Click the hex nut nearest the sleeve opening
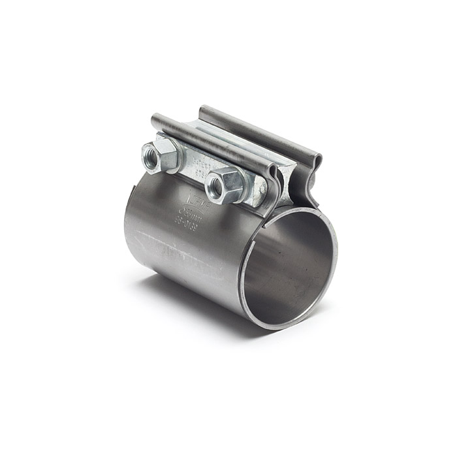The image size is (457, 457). [x=225, y=185]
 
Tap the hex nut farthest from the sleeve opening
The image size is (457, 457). [x=160, y=155]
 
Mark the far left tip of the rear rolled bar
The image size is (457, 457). [x=202, y=109]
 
